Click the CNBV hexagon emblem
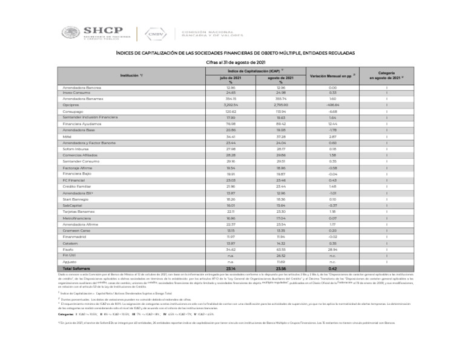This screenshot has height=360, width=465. pyautogui.click(x=155, y=34)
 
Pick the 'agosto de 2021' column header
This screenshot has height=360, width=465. pyautogui.click(x=280, y=79)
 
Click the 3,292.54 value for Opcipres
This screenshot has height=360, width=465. pyautogui.click(x=229, y=104)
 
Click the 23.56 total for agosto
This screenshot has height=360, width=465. pyautogui.click(x=280, y=267)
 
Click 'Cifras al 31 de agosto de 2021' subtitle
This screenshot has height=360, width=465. pyautogui.click(x=232, y=61)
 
